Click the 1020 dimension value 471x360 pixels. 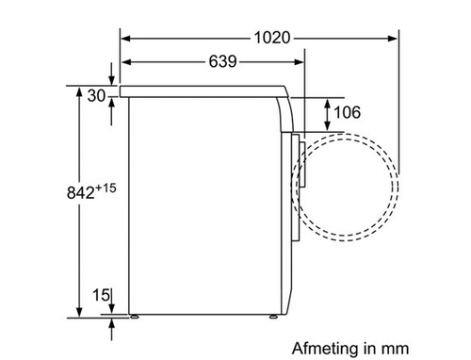(272, 38)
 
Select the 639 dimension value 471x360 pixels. (222, 61)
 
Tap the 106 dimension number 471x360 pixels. (347, 112)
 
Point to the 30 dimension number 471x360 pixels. (96, 95)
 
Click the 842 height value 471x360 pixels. (80, 192)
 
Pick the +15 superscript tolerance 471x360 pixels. (106, 188)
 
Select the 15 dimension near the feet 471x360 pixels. (101, 295)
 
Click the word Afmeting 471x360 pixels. (325, 349)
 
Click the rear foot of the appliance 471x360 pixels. (135, 317)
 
